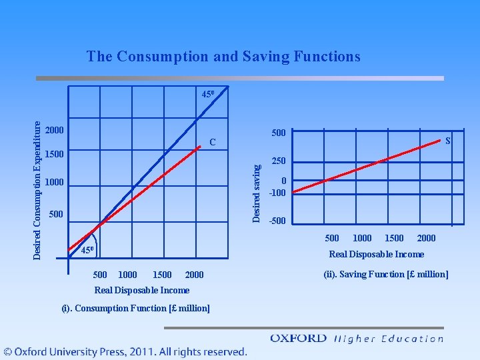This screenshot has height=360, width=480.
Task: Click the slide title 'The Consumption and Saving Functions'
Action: click(223, 57)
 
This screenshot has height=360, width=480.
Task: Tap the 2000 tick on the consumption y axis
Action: click(55, 129)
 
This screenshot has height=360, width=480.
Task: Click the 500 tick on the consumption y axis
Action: click(55, 214)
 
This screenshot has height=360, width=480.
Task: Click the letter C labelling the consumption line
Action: click(213, 143)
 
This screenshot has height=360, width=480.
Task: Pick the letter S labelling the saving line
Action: click(447, 141)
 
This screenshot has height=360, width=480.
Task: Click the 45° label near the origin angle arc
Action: click(87, 251)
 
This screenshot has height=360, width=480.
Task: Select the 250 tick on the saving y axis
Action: click(279, 161)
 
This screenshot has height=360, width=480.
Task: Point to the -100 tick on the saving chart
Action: click(277, 193)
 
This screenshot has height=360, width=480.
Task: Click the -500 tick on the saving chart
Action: click(277, 221)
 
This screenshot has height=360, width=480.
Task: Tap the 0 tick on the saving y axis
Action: click(284, 181)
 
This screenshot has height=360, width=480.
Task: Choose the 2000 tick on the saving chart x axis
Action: click(426, 238)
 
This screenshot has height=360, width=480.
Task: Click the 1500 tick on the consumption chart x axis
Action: click(162, 275)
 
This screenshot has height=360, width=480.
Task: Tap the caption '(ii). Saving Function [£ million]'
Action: click(385, 274)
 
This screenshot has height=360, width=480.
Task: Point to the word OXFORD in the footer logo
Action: click(298, 338)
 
